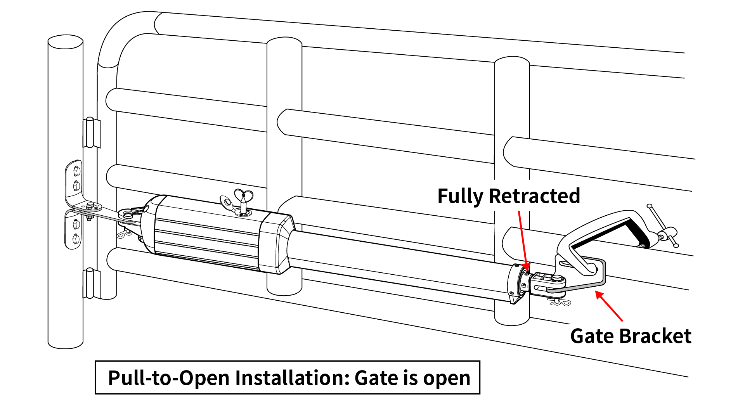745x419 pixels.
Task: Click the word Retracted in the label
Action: click(534, 196)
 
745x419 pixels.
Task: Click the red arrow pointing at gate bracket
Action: click(610, 306)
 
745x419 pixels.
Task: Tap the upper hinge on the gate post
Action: click(90, 133)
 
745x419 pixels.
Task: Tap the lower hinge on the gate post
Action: click(90, 283)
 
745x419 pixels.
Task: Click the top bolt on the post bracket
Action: click(76, 171)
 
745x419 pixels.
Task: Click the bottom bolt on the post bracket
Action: click(76, 237)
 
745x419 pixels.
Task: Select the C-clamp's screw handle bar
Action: click(662, 225)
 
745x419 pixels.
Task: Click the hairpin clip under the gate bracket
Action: click(561, 302)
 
